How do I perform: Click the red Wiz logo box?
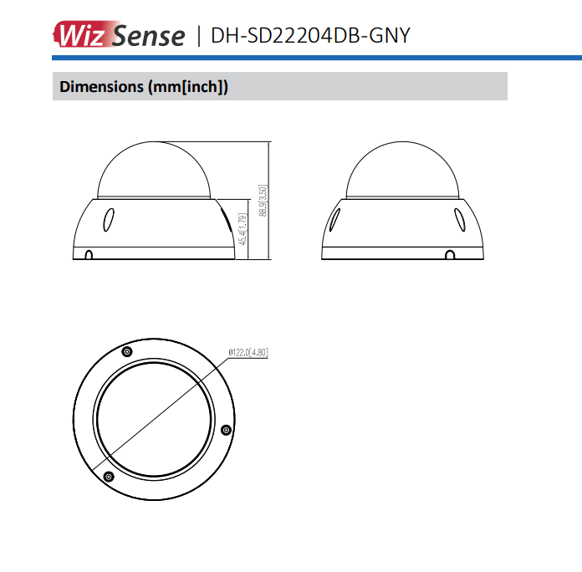(x=80, y=34)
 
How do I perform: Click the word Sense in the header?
(x=148, y=35)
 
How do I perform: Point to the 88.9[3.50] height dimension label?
(x=263, y=201)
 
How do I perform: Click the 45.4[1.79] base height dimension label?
(x=242, y=229)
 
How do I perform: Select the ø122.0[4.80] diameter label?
(x=248, y=352)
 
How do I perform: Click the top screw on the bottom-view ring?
(x=126, y=351)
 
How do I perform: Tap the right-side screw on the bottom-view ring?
(x=225, y=430)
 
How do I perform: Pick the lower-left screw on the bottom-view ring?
(x=108, y=476)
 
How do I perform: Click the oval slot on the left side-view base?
(x=108, y=219)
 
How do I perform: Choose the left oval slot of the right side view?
(x=334, y=219)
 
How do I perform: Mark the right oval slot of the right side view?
(x=459, y=219)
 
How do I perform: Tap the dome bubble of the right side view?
(x=403, y=171)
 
